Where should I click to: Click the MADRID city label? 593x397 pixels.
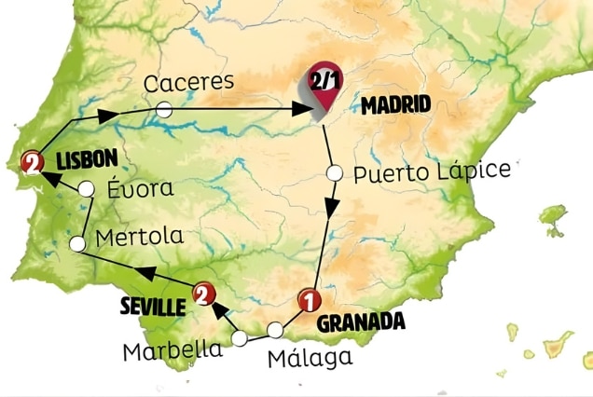[x=395, y=105]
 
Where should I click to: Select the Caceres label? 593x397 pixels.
[x=188, y=82]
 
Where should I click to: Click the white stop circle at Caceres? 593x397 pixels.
[x=163, y=110]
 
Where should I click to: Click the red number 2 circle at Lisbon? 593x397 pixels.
[x=34, y=161]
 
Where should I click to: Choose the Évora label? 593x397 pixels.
[x=139, y=187]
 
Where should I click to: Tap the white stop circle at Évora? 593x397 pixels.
[x=86, y=189]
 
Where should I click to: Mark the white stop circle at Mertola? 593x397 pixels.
[x=78, y=243]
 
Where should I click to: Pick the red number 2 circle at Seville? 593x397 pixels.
[x=200, y=295]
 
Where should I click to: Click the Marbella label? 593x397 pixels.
[x=174, y=350]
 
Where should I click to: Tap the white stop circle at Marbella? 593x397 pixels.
[x=241, y=338]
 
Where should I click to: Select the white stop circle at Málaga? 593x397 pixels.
[x=275, y=330]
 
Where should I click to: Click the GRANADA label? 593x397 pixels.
[x=362, y=322]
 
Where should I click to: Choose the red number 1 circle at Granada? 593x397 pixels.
[x=307, y=300]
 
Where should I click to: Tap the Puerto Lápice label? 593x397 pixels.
[x=433, y=171]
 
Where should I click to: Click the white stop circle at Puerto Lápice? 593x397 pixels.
[x=335, y=172]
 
